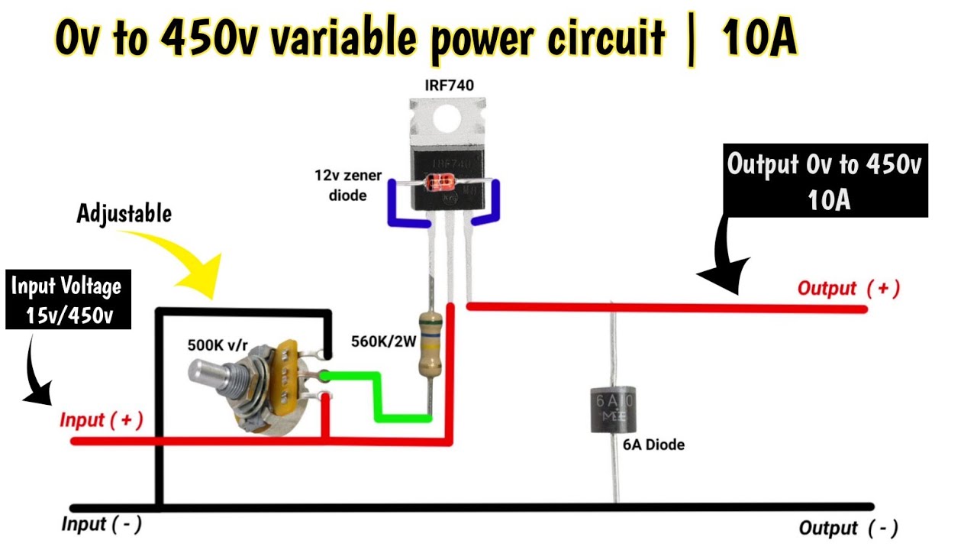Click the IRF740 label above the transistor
[449, 86]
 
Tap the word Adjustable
[124, 214]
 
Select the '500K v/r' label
[218, 345]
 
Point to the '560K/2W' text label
[383, 341]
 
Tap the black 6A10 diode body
[615, 410]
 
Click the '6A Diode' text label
[653, 445]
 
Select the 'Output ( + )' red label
[848, 289]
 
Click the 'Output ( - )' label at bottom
[847, 528]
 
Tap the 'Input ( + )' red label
[101, 421]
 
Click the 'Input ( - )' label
[101, 525]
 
